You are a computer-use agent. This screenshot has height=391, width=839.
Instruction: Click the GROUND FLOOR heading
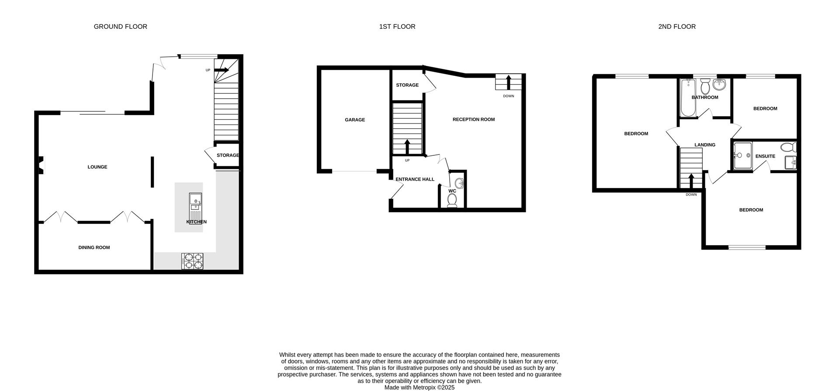click(x=120, y=27)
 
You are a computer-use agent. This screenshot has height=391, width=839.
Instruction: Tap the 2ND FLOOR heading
click(x=677, y=27)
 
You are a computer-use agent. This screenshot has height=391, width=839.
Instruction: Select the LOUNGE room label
click(x=97, y=167)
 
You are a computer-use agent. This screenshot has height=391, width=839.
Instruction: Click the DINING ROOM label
click(x=94, y=247)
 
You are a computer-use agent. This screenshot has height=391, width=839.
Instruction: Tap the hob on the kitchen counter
click(x=192, y=261)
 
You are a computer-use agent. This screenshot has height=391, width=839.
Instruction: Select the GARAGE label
click(x=354, y=120)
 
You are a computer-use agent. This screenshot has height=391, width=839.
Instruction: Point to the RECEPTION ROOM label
click(x=473, y=119)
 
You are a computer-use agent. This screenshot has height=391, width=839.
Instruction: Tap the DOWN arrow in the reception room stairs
click(x=509, y=82)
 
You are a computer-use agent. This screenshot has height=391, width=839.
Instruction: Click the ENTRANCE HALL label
click(x=415, y=179)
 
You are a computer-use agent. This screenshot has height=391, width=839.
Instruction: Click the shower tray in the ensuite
click(x=742, y=155)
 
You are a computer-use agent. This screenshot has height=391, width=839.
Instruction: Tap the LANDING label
click(x=704, y=144)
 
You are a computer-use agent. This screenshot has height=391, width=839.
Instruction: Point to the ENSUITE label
click(x=765, y=156)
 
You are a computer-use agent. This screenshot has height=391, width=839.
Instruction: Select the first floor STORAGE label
click(x=407, y=85)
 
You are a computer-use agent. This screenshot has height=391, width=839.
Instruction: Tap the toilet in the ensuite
click(x=789, y=147)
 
